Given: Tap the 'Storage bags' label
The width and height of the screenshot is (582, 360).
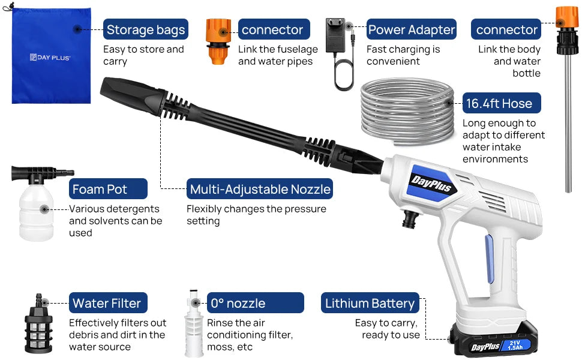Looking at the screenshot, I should click(146, 29).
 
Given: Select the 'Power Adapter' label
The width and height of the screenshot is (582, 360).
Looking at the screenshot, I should click(412, 29).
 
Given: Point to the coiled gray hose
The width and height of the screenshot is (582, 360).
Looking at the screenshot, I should click(408, 114).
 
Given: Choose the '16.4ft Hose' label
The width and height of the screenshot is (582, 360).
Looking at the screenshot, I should click(502, 103).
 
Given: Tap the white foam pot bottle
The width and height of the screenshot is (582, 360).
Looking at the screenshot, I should click(35, 210).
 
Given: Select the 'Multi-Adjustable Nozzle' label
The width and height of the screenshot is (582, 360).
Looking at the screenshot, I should click(260, 189).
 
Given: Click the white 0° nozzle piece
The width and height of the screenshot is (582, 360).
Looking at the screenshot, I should click(193, 327).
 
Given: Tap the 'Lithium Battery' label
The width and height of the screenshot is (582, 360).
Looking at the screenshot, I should click(370, 303).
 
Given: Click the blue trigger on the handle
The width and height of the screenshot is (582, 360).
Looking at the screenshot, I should click(490, 258).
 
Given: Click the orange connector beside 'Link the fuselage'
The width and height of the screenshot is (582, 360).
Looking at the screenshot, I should click(217, 41).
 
